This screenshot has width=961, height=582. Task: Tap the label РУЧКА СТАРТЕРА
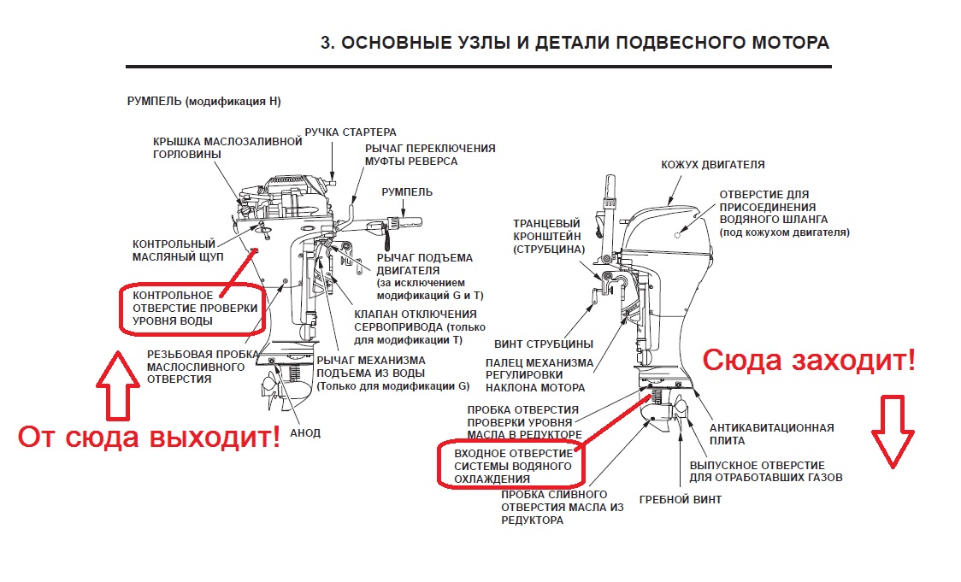[351, 132]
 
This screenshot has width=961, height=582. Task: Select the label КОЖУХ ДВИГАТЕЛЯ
[712, 164]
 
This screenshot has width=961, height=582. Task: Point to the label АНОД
[305, 433]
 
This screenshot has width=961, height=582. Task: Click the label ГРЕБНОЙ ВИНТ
[680, 499]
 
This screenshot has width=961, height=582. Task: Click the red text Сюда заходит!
[808, 361]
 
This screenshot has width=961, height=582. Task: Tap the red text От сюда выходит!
[150, 438]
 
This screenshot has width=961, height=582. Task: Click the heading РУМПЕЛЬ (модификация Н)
[203, 102]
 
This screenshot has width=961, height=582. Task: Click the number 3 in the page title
[325, 43]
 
